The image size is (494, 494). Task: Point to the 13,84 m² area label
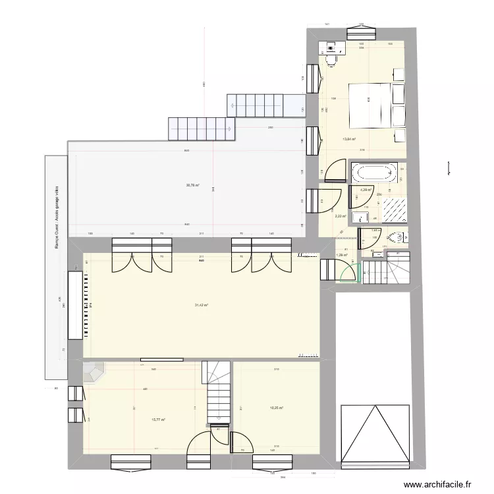pos(349,139)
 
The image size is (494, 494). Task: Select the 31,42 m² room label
pos(202,305)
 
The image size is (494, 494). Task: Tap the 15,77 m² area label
pos(158,420)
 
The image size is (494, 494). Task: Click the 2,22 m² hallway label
pos(340,216)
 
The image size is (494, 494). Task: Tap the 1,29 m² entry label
pos(341,255)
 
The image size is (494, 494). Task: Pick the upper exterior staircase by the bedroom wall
pos(265,104)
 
